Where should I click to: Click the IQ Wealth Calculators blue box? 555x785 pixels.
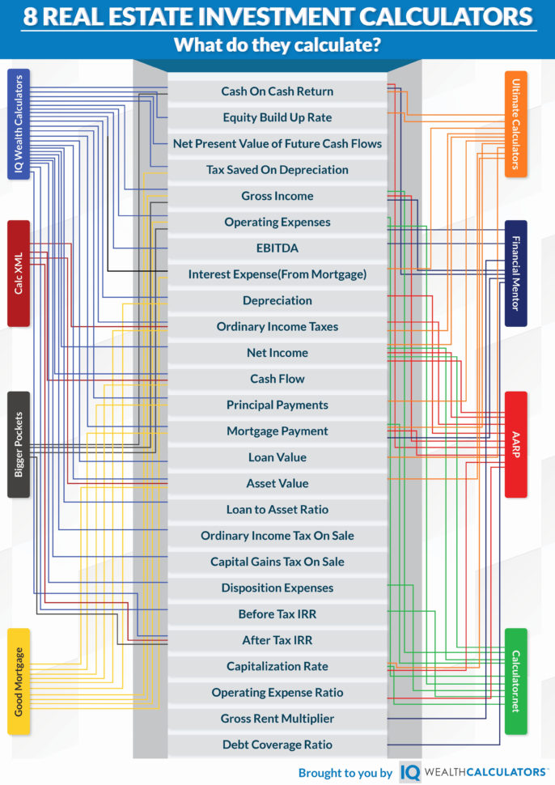(19, 124)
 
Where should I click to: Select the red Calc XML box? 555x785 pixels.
(19, 273)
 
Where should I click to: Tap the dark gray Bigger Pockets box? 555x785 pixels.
(19, 444)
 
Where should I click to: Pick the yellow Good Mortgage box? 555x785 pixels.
(19, 681)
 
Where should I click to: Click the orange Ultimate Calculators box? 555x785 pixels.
(516, 123)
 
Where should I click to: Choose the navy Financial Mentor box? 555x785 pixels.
(516, 273)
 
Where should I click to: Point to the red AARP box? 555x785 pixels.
(516, 444)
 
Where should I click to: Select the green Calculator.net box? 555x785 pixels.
(516, 681)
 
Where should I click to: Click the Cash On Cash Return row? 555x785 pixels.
(277, 91)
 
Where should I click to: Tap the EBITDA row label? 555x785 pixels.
(277, 248)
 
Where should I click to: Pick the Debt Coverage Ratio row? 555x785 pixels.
(277, 745)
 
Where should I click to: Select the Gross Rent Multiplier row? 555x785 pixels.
(277, 719)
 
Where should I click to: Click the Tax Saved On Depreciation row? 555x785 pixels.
(277, 170)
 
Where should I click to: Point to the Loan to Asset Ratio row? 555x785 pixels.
(277, 510)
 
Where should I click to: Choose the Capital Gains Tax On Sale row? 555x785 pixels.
(277, 562)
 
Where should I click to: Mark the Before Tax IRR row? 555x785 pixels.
(277, 614)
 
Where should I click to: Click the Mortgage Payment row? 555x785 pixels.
(277, 431)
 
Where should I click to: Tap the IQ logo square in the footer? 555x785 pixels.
(410, 772)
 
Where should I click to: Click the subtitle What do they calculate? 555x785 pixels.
(277, 45)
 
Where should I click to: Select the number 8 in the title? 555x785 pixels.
(30, 16)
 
